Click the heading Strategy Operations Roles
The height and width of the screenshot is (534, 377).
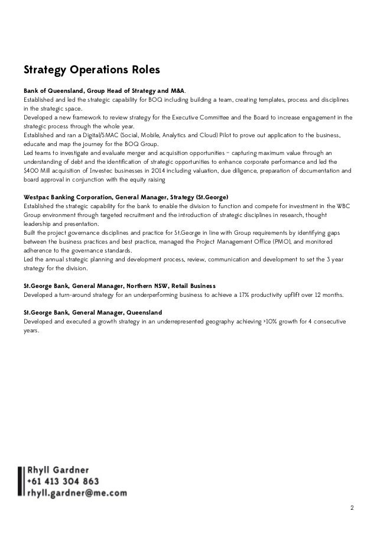click(92, 71)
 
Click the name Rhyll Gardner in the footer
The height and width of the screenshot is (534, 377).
click(57, 470)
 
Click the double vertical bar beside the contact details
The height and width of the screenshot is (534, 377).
click(21, 481)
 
